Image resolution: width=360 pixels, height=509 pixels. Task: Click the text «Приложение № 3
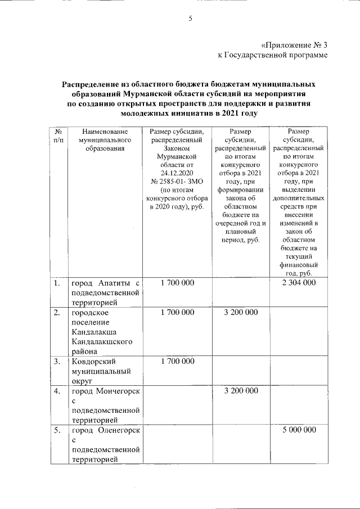coord(294,45)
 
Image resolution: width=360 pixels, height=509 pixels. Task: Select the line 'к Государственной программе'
coord(272,55)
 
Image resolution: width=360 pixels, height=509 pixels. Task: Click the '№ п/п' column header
coord(57,136)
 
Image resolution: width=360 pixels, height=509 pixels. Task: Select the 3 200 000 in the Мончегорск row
coord(240,390)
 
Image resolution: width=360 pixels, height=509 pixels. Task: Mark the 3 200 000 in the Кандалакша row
coord(240,312)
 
